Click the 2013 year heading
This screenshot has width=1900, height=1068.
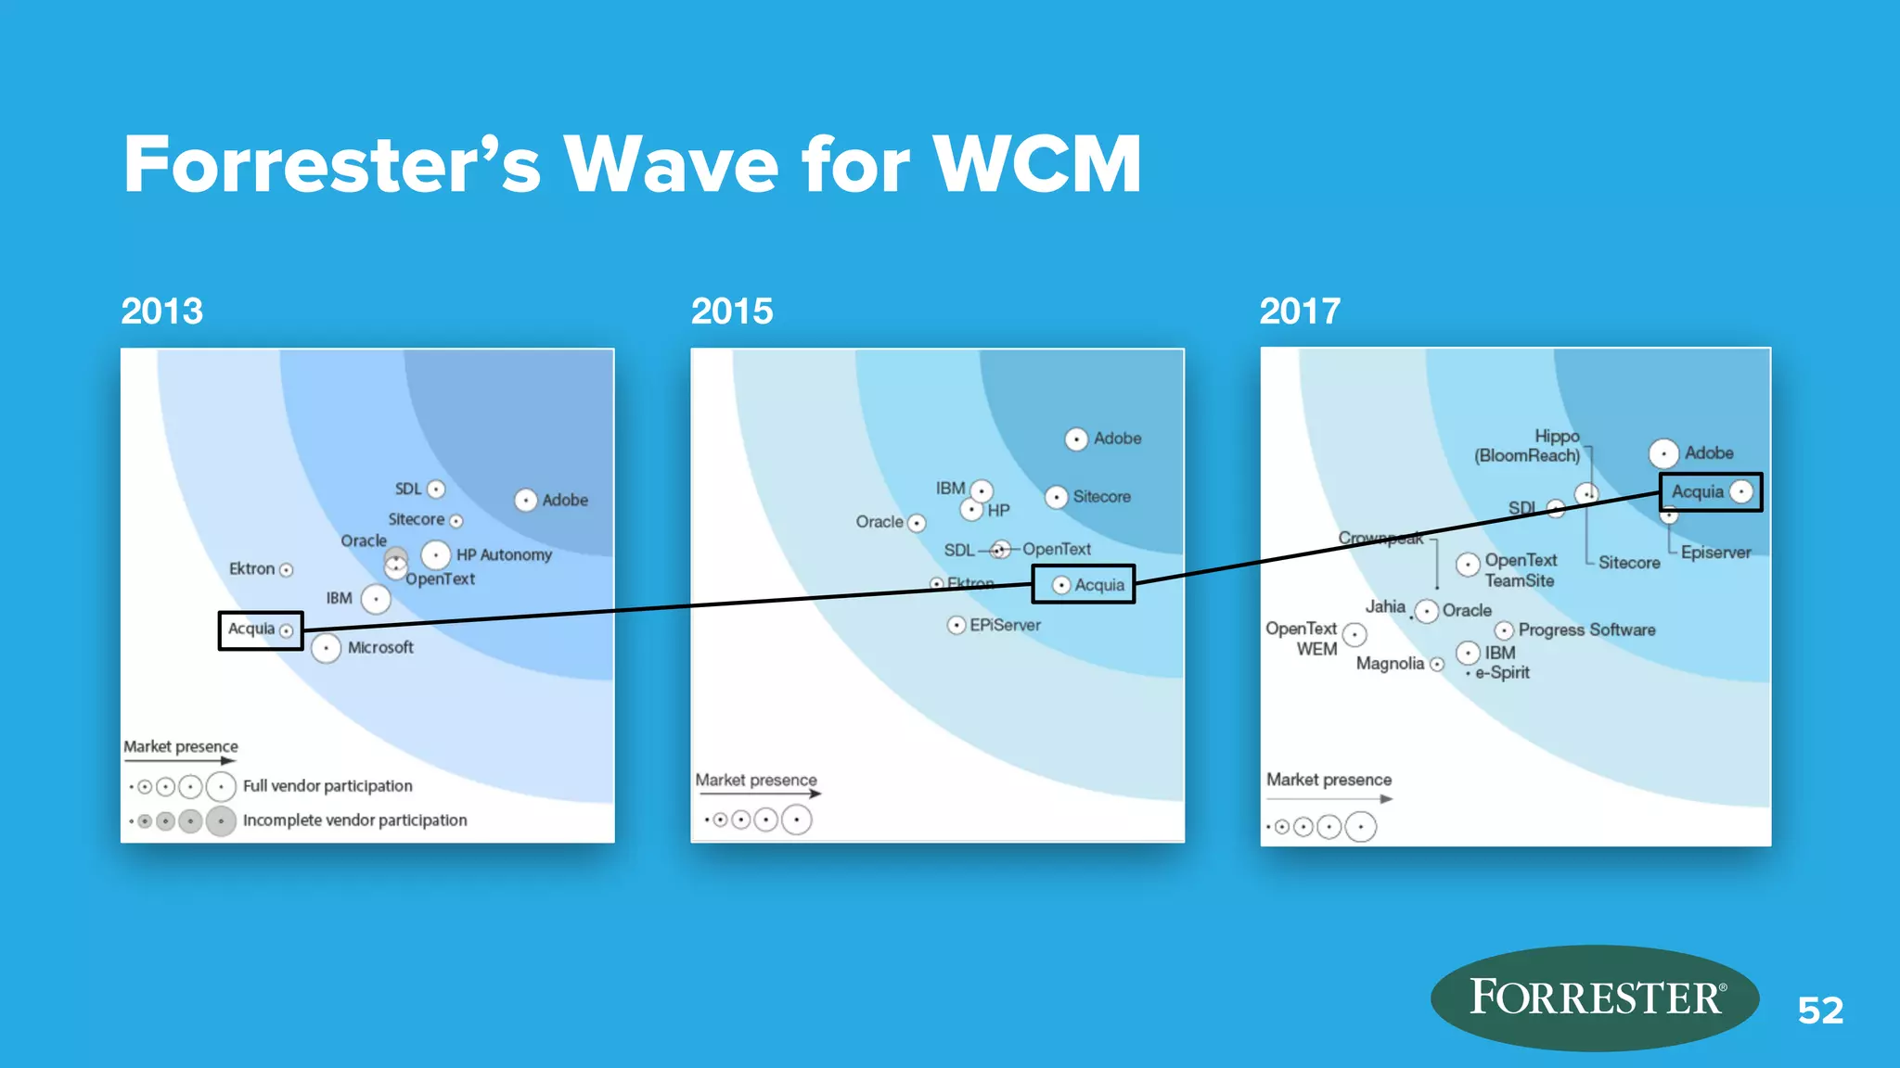click(161, 311)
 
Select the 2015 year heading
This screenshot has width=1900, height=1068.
click(731, 311)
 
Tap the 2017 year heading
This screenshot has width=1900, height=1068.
click(1299, 311)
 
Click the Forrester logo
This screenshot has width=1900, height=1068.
click(1594, 998)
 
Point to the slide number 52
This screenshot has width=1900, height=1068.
click(1820, 1011)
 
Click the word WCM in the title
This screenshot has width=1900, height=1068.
click(1036, 165)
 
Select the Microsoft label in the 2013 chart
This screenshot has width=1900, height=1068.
click(380, 648)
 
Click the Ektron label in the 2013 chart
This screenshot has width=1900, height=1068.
click(251, 568)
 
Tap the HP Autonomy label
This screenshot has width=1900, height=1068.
click(504, 555)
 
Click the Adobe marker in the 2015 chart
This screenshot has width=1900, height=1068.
click(1076, 439)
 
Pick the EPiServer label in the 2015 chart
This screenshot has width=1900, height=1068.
click(1005, 626)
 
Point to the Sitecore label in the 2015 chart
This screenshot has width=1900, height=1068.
click(1101, 497)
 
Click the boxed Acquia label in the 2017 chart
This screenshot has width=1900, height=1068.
click(1697, 492)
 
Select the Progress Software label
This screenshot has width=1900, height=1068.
click(1586, 630)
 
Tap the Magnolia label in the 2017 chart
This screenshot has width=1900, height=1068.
click(1390, 664)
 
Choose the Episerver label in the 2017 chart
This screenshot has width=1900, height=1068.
click(1715, 553)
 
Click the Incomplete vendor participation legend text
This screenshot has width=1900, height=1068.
click(354, 820)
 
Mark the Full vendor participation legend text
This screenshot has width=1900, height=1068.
click(327, 786)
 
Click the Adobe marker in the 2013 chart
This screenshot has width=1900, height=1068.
click(525, 501)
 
